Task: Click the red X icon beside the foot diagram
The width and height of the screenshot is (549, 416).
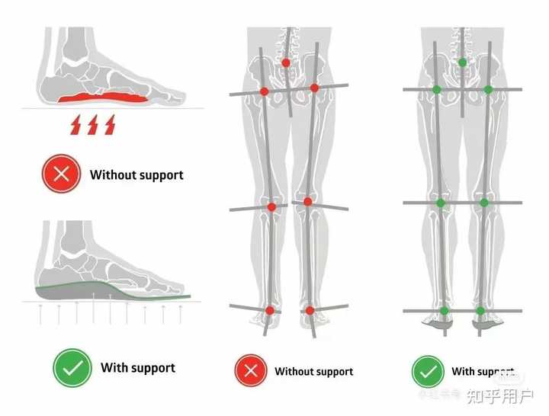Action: coord(63,174)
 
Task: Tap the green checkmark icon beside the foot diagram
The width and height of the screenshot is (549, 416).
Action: coord(72,368)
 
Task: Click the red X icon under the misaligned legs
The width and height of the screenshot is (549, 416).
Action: coord(252,371)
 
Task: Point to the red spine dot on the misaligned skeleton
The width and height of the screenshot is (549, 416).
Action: coord(286,62)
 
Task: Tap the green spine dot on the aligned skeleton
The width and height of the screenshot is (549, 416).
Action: coord(462,62)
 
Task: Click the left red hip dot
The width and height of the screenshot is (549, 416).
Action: coord(264,91)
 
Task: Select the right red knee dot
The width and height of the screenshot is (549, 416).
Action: coord(307,202)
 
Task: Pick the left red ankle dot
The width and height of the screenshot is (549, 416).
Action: coord(270,310)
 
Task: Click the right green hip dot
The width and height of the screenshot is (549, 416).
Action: coord(488,89)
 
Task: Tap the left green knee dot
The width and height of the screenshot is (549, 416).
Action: coord(440,203)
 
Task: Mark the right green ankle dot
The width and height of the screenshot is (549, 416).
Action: coord(480,310)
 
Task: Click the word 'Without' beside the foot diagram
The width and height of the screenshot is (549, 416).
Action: coord(111,174)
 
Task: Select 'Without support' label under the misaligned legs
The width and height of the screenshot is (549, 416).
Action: coord(313,372)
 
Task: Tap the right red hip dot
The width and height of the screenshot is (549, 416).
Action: coord(314,88)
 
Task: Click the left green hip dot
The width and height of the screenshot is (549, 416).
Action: coord(437,89)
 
